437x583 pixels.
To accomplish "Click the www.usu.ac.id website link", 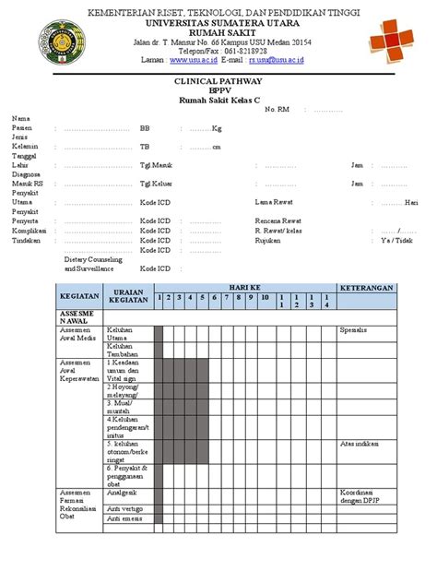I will (x=193, y=59).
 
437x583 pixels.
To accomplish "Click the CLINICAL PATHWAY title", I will (x=218, y=81).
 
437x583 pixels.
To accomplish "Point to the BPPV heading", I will (x=218, y=90).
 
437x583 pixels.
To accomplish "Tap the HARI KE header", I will (x=243, y=287).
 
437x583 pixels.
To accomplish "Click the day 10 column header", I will (x=264, y=298).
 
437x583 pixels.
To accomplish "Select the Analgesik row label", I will (x=124, y=493).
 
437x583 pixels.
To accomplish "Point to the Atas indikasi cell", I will (x=360, y=443).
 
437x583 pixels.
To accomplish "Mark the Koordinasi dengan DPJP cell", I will (x=360, y=496).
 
